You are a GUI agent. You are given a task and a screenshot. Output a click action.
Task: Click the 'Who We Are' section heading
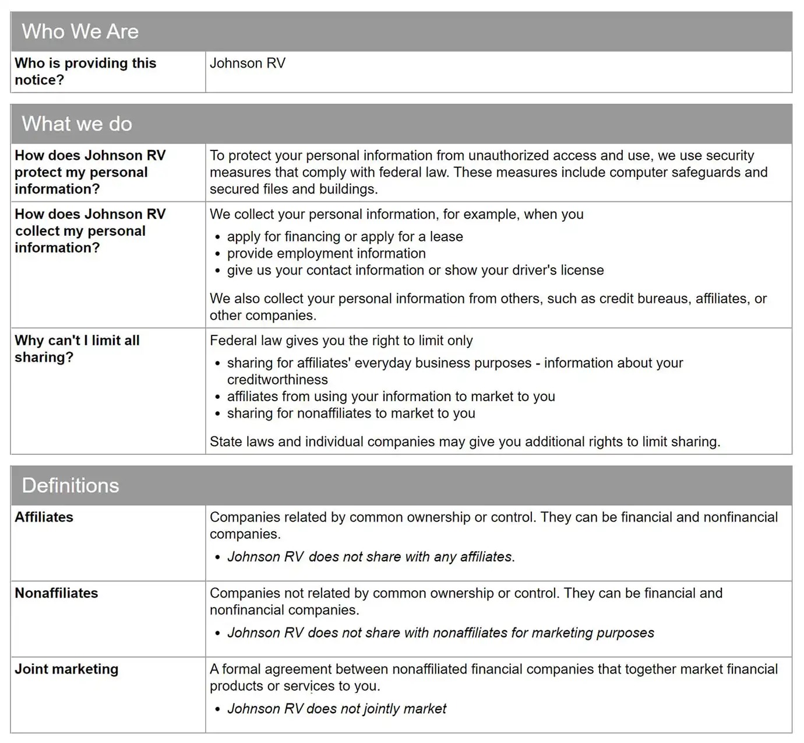80,31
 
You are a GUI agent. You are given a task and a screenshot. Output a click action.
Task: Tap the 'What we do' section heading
77,124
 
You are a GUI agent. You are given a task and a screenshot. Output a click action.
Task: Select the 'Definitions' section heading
70,485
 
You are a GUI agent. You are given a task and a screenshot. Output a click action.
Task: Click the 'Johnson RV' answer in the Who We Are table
248,63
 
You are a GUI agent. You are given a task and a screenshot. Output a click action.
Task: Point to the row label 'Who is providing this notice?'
85,71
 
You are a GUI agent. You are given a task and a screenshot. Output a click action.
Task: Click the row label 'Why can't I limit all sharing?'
77,349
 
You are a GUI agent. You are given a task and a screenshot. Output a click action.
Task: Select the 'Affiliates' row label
44,517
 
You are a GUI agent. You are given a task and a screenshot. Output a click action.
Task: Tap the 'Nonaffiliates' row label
57,593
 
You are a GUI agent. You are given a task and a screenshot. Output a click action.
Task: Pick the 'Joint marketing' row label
66,669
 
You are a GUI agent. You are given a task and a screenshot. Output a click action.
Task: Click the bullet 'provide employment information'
326,254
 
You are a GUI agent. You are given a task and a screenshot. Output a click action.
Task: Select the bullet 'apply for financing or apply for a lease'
345,237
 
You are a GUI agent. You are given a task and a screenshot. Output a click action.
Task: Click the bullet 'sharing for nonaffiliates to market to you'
351,413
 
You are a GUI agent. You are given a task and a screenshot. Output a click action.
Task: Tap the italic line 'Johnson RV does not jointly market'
337,709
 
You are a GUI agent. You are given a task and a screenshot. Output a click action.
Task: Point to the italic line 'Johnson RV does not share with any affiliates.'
371,557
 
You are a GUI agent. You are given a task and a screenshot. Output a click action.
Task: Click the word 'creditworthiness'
277,380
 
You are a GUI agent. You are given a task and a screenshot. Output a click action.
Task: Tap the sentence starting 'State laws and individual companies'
465,441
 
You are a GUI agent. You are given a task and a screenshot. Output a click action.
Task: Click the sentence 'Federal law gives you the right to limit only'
341,341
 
